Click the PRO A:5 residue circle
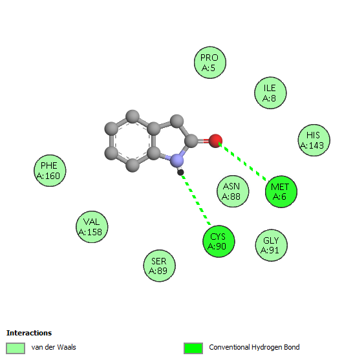point(210,63)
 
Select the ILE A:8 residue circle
point(270,93)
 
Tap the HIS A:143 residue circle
point(314,140)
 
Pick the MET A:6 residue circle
point(281,191)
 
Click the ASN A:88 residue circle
point(233,191)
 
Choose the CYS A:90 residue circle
point(219,241)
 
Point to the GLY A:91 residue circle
point(271,246)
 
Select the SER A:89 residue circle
point(159,266)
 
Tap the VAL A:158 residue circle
point(92,227)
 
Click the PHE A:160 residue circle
point(50,171)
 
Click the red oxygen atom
point(215,141)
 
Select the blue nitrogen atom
point(177,160)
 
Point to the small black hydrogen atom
point(180,172)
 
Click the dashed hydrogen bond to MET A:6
point(244,162)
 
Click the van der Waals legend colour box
point(16,348)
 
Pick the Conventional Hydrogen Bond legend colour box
point(193,348)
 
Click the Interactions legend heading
point(29,333)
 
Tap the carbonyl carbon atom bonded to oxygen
point(191,141)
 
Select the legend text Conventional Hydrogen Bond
point(254,347)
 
